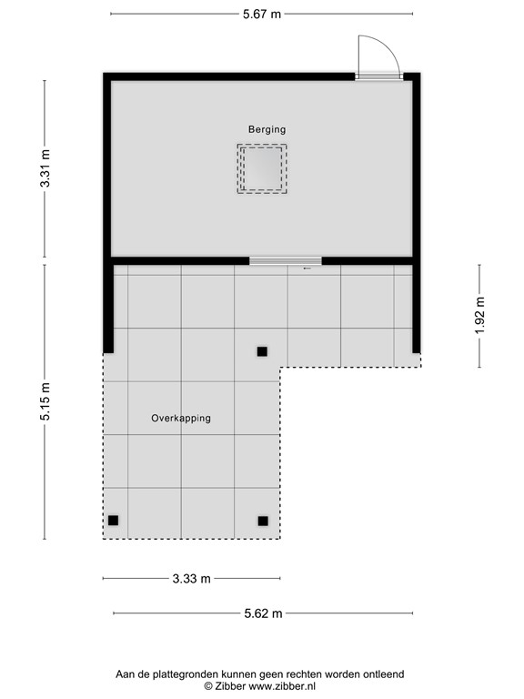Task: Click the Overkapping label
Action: (x=181, y=419)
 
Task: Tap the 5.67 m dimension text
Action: (x=260, y=14)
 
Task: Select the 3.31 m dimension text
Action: (x=45, y=168)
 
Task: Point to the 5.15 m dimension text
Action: (x=45, y=400)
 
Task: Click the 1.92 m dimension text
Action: (x=479, y=315)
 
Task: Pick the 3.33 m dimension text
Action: (x=190, y=578)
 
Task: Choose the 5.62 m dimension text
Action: (x=263, y=613)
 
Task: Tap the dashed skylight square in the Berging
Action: (x=262, y=168)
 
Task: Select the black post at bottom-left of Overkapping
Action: (x=114, y=521)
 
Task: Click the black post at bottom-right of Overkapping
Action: (x=263, y=521)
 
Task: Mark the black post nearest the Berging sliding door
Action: (x=262, y=351)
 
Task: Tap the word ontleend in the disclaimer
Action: (x=382, y=674)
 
